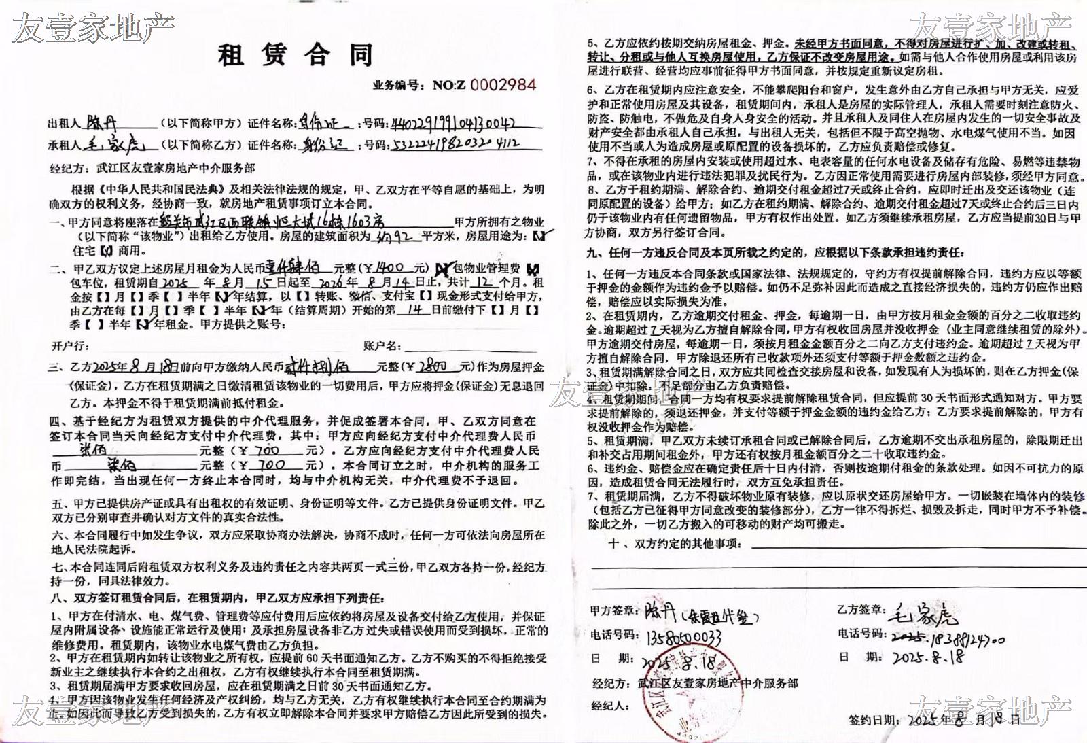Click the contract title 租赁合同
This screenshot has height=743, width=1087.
(x=296, y=54)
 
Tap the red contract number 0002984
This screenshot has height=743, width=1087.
(x=503, y=85)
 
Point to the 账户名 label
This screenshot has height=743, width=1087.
(x=382, y=346)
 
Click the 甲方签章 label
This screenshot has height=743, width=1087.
(x=614, y=610)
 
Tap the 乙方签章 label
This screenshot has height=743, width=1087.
(x=861, y=610)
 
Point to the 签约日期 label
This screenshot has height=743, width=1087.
(x=874, y=720)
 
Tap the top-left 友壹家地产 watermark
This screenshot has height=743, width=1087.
(x=93, y=27)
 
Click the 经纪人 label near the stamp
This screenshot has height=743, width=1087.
(x=610, y=706)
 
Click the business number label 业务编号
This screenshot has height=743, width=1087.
(x=397, y=86)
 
